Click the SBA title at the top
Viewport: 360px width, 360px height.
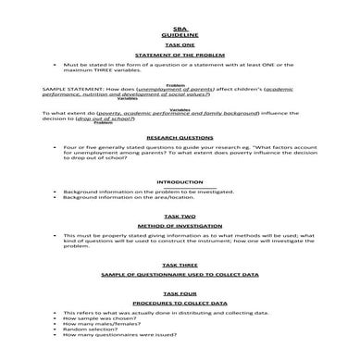click(x=180, y=30)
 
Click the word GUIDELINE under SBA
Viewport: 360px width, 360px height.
click(x=180, y=37)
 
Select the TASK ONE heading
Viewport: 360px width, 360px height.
click(x=180, y=46)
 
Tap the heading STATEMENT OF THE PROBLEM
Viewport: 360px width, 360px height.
click(x=180, y=56)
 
